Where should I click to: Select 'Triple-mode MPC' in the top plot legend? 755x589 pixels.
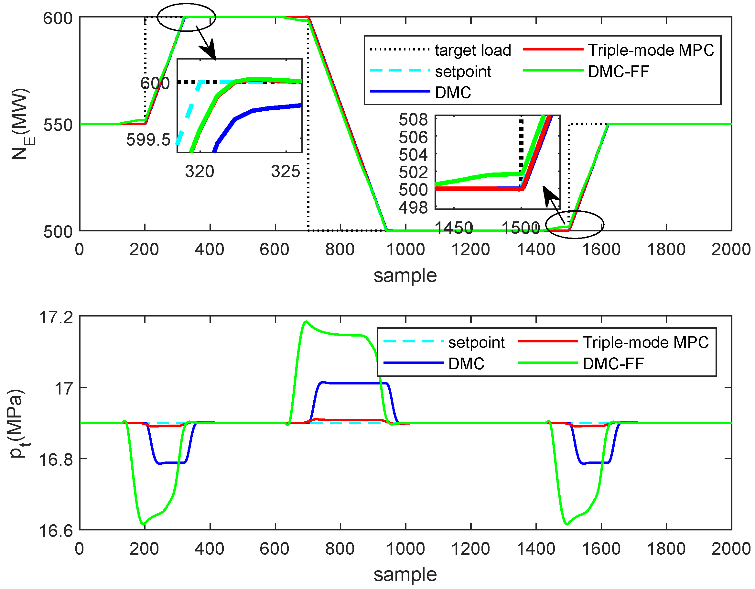pyautogui.click(x=651, y=50)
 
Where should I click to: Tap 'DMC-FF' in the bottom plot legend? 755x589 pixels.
pyautogui.click(x=613, y=364)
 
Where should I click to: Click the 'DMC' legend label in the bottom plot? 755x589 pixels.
pyautogui.click(x=466, y=364)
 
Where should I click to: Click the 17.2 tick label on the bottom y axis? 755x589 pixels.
pyautogui.click(x=56, y=317)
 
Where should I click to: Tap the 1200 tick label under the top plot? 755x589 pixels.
pyautogui.click(x=470, y=250)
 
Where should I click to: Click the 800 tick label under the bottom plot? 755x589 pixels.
pyautogui.click(x=340, y=549)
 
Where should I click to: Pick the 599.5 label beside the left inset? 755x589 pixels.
pyautogui.click(x=148, y=140)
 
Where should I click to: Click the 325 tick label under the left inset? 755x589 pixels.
pyautogui.click(x=285, y=171)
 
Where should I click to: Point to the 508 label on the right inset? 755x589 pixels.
pyautogui.click(x=413, y=120)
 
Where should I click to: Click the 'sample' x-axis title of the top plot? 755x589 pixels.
pyautogui.click(x=405, y=276)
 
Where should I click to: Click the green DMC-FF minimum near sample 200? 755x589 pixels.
pyautogui.click(x=144, y=525)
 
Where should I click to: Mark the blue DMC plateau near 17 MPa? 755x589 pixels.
pyautogui.click(x=356, y=383)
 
